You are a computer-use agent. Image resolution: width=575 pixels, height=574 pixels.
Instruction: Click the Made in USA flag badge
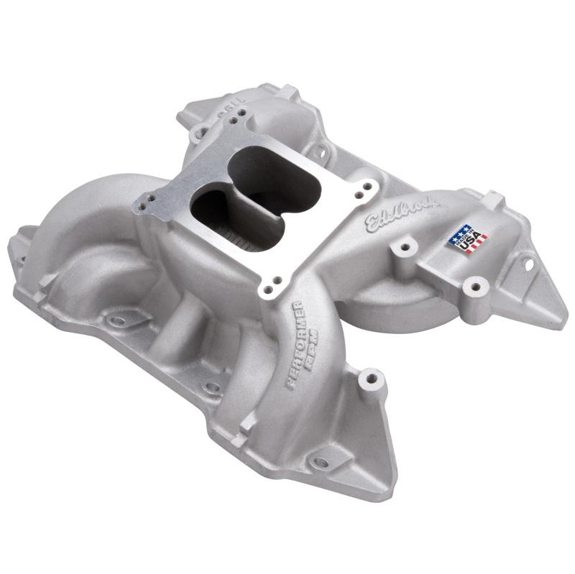pos(468,239)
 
